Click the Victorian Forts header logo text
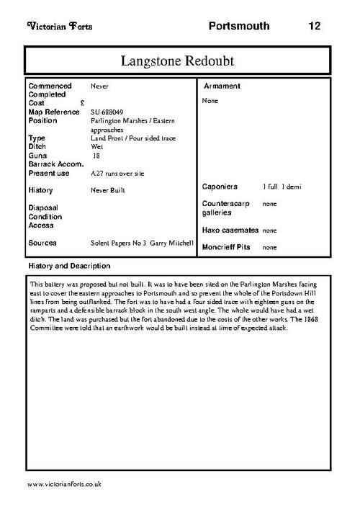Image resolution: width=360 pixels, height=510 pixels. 59,27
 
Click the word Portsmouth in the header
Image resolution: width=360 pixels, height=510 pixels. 239,27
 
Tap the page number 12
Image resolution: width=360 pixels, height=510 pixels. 314,27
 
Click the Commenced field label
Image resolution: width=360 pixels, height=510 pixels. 50,86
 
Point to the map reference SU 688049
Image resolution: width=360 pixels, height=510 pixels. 107,112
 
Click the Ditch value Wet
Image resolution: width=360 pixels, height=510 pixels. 96,146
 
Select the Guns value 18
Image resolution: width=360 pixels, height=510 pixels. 97,155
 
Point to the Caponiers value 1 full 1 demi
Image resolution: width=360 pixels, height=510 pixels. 282,187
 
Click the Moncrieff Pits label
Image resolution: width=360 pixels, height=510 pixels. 228,247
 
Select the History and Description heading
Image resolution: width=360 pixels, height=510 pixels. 69,266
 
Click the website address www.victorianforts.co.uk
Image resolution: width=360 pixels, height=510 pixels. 63,484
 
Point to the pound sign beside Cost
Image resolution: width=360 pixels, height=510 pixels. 83,103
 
